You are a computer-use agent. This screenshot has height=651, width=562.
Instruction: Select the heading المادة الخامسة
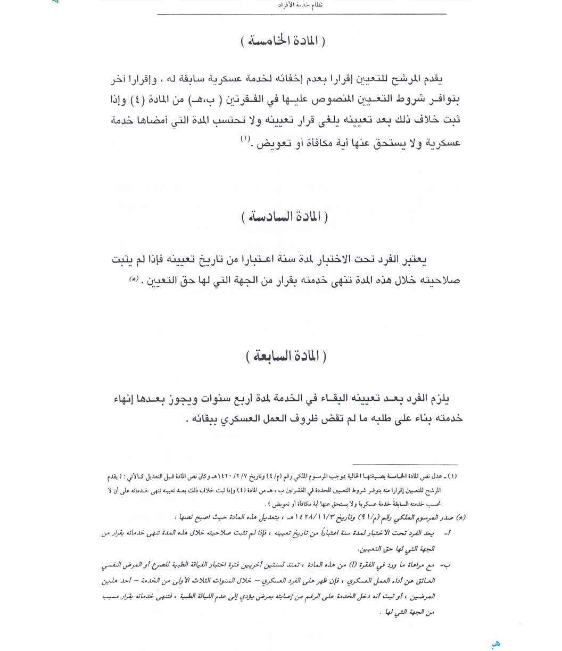click(x=282, y=42)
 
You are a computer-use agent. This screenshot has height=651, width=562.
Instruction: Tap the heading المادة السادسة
click(x=284, y=217)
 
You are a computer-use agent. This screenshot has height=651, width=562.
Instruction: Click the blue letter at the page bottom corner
click(x=496, y=643)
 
